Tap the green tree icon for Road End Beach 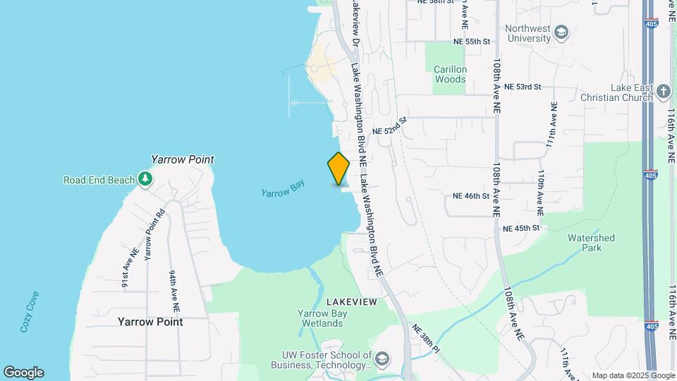point(145,179)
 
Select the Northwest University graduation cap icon point(561,32)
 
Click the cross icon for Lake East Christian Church point(662,91)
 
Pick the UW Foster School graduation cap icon point(382,359)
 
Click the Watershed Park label point(591,243)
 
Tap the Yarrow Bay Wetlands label point(320,318)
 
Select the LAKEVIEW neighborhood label point(352,302)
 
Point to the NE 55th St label point(472,42)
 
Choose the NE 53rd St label point(523,87)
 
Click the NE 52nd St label point(390,127)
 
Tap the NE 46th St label point(471,195)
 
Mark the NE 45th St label point(521,228)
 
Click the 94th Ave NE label point(174,291)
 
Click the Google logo point(23,373)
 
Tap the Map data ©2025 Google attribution point(633,375)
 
